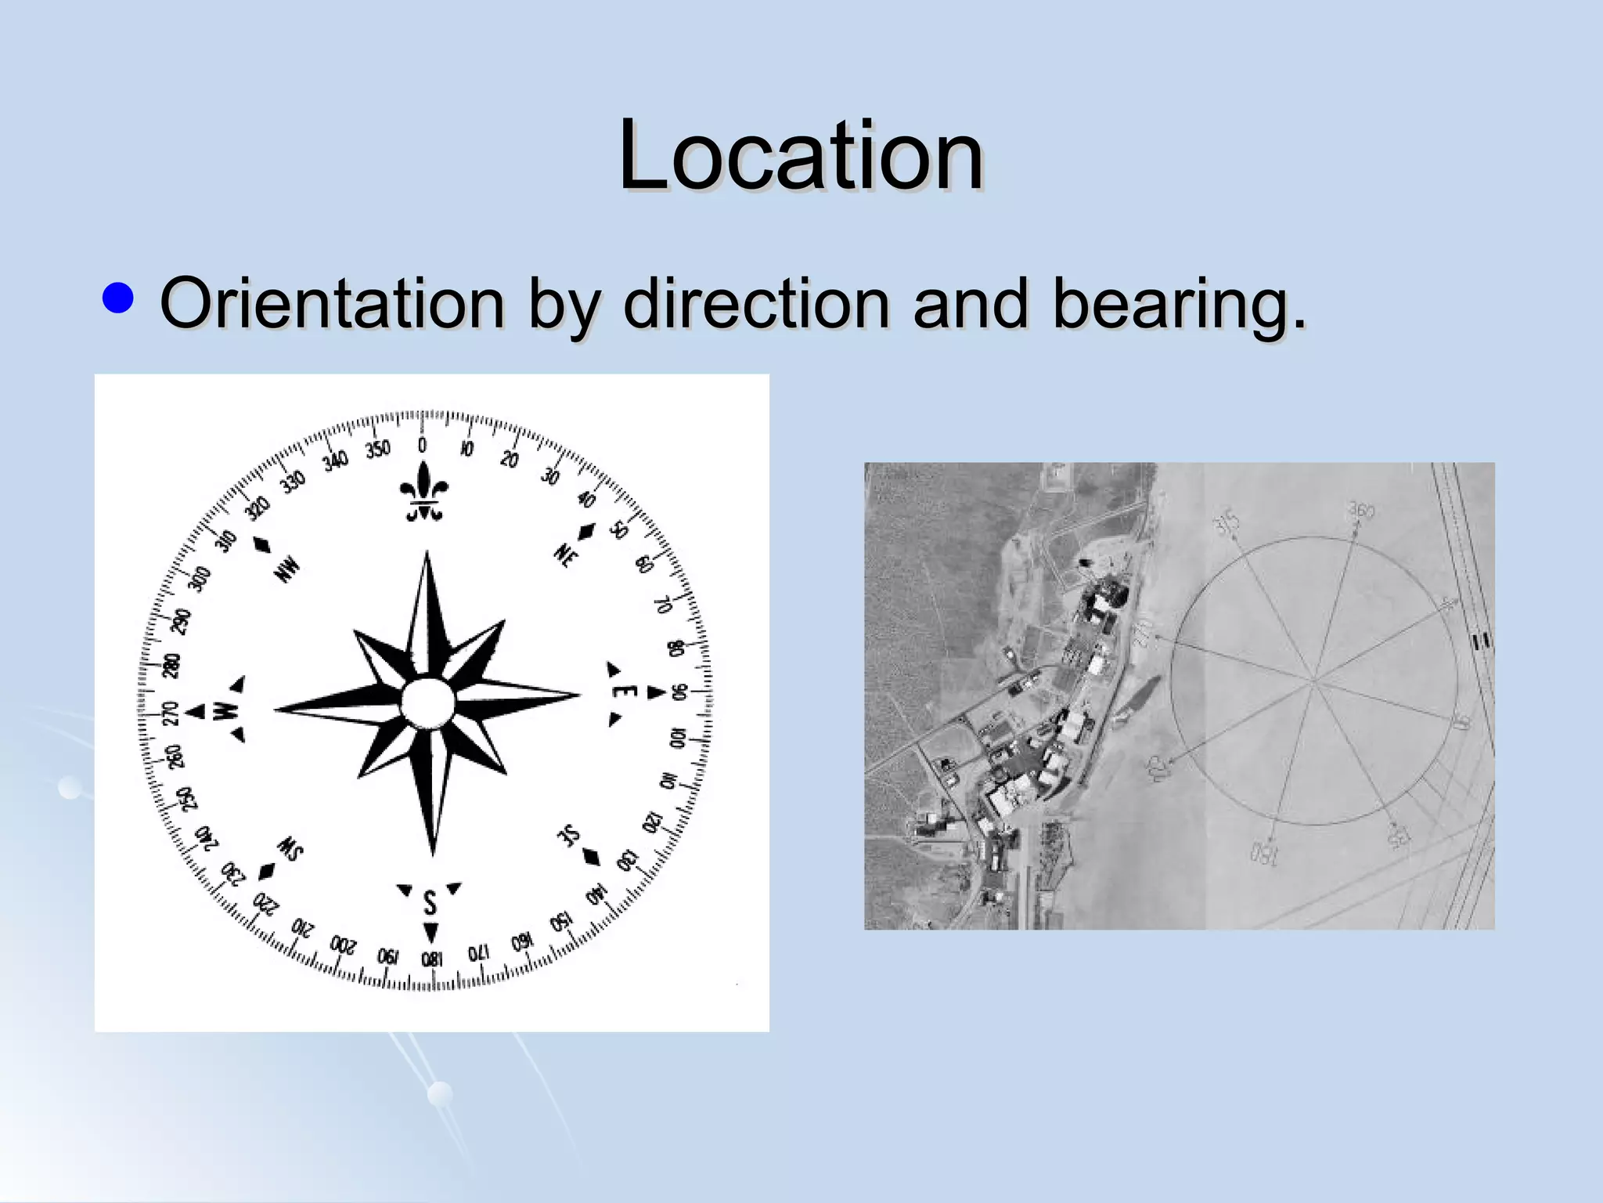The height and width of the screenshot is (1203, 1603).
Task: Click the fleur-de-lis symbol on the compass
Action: click(423, 492)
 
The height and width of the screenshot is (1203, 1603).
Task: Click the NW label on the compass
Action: click(287, 569)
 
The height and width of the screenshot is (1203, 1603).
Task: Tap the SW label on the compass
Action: click(290, 849)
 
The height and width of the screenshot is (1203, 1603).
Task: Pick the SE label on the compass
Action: click(570, 836)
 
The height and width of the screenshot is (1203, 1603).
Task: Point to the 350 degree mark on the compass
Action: click(377, 450)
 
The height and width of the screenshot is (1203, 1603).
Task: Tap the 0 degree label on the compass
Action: click(423, 445)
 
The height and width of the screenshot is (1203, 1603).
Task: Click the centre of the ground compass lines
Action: click(1315, 680)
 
